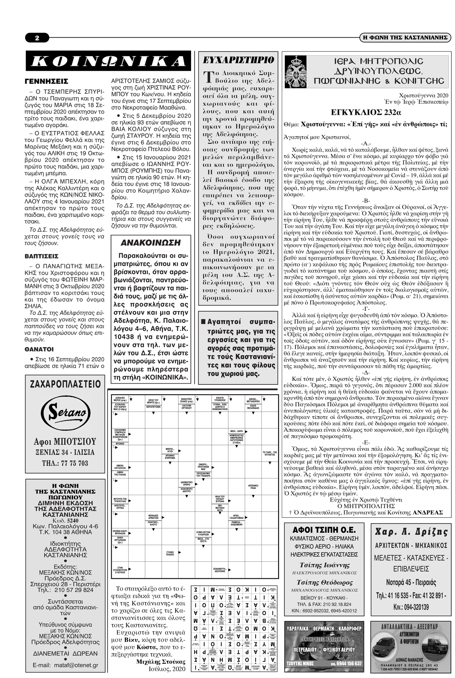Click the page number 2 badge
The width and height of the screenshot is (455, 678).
[37, 38]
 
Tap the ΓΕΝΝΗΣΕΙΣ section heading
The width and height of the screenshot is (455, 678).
[46, 82]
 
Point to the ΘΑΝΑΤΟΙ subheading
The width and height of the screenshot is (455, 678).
[39, 349]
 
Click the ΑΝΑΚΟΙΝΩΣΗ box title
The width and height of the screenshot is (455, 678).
[150, 243]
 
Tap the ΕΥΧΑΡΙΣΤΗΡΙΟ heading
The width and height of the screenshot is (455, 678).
[238, 60]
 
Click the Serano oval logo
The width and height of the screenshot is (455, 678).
[65, 412]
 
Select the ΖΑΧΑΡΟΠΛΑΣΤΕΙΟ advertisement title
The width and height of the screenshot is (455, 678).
[65, 384]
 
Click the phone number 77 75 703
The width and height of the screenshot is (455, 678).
[65, 463]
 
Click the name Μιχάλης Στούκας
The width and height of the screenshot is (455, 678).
[160, 661]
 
